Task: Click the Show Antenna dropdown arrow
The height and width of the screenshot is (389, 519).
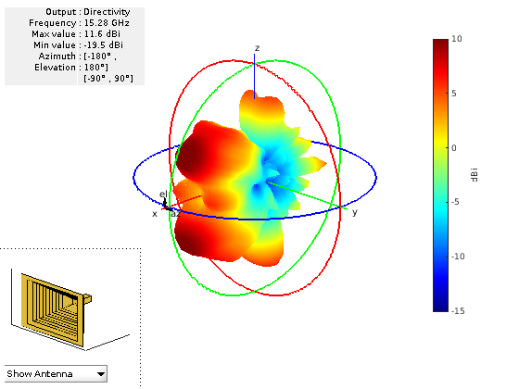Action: (x=101, y=374)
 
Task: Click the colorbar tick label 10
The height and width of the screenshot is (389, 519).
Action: (x=457, y=39)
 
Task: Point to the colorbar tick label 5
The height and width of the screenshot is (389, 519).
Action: (x=454, y=94)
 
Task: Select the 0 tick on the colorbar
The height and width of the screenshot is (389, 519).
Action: (x=454, y=148)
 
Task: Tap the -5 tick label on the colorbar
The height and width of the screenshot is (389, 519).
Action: (x=455, y=202)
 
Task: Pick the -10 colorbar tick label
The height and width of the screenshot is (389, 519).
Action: (x=458, y=257)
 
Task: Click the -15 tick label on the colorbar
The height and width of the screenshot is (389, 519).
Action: (x=458, y=311)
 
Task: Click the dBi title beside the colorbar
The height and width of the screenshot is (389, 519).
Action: (x=474, y=175)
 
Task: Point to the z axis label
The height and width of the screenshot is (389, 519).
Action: (x=258, y=48)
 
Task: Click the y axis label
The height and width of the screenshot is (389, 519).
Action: (x=354, y=212)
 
